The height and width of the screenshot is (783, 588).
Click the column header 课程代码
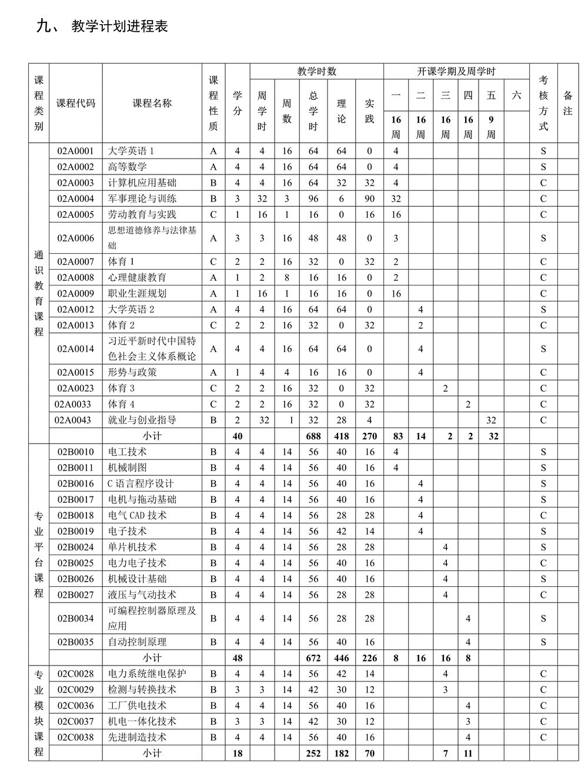(x=75, y=103)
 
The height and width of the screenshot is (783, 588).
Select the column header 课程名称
(x=152, y=103)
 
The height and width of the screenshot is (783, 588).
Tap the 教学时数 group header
(x=316, y=72)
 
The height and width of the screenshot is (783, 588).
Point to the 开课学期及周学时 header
(x=456, y=72)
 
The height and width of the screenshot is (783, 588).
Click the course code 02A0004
(x=75, y=199)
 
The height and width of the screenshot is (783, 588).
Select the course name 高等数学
(x=128, y=167)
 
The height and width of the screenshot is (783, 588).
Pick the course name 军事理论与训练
(x=142, y=199)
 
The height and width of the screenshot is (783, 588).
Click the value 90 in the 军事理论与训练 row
(x=369, y=199)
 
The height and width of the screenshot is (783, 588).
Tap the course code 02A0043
(x=73, y=420)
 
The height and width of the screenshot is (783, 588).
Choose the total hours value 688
(x=313, y=436)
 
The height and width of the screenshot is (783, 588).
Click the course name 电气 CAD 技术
(x=138, y=515)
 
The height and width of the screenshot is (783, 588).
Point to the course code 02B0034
(x=75, y=619)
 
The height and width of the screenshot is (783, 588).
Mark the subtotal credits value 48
(x=237, y=658)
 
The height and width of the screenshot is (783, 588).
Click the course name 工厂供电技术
(x=138, y=705)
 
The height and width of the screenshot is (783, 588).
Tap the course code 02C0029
(x=75, y=690)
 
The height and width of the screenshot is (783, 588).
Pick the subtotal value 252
(x=313, y=753)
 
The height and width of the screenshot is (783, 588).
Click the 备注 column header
(x=567, y=103)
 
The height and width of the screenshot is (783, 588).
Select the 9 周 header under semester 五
(x=491, y=127)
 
